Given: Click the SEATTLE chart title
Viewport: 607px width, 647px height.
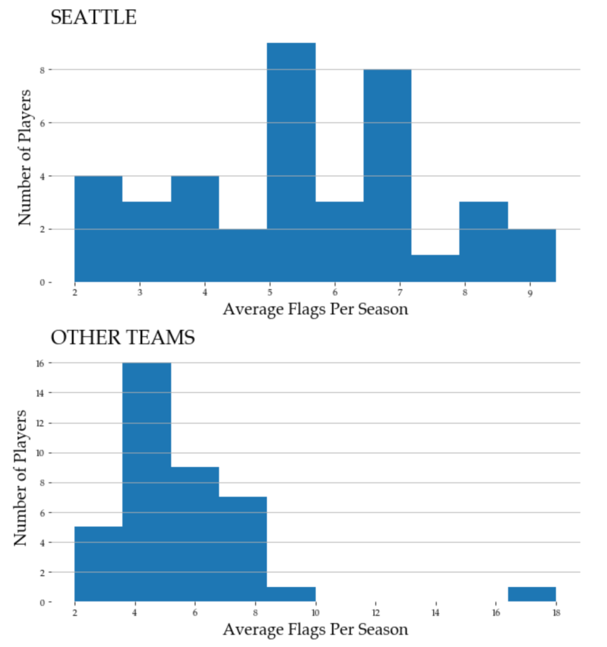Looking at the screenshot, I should [x=93, y=18].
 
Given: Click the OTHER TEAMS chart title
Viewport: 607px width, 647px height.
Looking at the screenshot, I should [x=123, y=339].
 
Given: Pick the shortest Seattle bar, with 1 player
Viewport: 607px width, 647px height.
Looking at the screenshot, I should [x=435, y=269].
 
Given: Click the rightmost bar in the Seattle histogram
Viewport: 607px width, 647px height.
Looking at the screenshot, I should [x=532, y=255].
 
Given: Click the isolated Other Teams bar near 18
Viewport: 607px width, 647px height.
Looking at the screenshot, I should [x=532, y=595].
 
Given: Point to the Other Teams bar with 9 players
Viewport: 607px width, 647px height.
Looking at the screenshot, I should [x=194, y=535].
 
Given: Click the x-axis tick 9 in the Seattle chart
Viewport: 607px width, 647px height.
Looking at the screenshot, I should [x=530, y=293].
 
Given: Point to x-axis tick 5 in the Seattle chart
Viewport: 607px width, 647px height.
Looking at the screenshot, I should [x=270, y=293].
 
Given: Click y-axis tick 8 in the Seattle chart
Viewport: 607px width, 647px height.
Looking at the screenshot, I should [x=41, y=70].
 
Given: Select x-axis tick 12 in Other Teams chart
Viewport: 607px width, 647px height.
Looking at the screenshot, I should [x=376, y=613].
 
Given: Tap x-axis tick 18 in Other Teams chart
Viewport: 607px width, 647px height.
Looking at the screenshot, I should [x=556, y=613].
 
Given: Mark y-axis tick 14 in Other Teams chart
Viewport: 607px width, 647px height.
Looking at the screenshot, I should [x=39, y=393].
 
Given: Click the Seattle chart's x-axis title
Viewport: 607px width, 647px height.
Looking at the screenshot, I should [x=316, y=310].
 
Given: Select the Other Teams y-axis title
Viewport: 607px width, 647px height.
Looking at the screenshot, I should [x=21, y=478].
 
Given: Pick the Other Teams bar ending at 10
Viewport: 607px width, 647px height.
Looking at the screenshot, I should [x=291, y=595].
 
